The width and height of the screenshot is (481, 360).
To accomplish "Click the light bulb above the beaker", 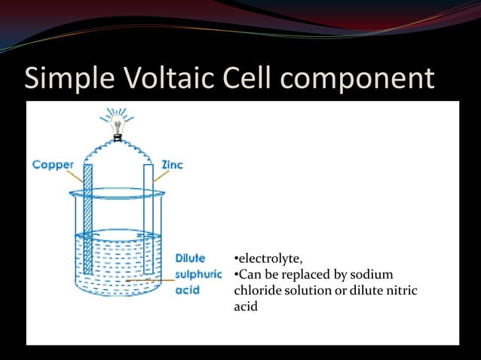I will click(x=117, y=127).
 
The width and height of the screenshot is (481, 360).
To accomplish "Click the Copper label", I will click(x=53, y=164).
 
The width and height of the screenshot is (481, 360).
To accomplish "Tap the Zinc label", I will click(x=172, y=164).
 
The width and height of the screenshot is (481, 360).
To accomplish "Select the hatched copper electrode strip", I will click(x=87, y=218).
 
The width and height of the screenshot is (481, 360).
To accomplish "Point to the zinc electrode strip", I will click(x=149, y=218).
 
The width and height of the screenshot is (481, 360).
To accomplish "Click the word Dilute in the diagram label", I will click(x=190, y=259).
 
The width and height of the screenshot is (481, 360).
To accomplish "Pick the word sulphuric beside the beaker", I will click(x=198, y=274).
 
